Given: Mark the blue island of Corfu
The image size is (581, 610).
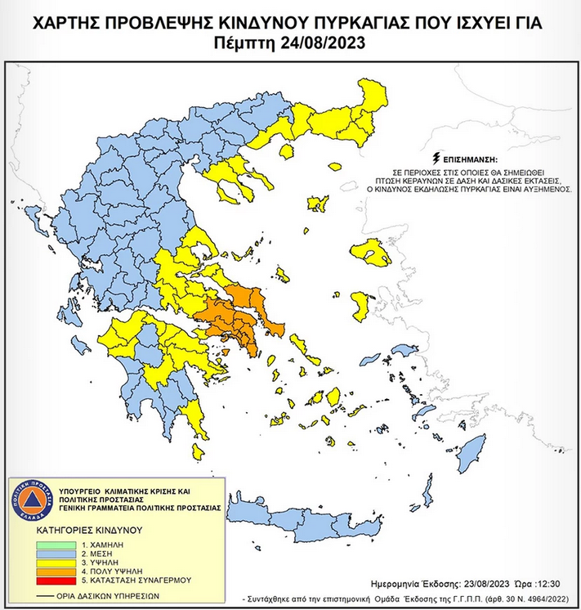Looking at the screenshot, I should point(34,218).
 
